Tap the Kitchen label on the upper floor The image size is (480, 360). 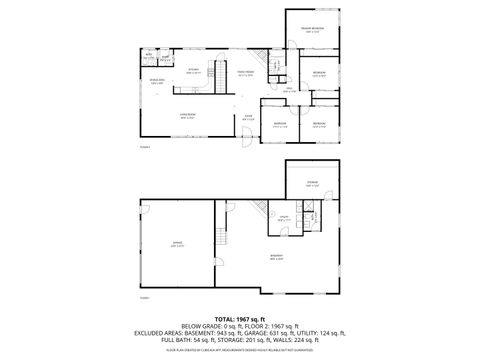tap(194, 71)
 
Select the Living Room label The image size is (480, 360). tap(185, 117)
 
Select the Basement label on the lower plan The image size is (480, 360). tap(276, 256)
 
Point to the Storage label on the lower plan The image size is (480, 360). tap(312, 183)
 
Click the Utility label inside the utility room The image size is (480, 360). tap(283, 217)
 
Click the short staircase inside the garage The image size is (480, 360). tap(221, 238)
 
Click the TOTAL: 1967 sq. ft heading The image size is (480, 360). tap(239, 318)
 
